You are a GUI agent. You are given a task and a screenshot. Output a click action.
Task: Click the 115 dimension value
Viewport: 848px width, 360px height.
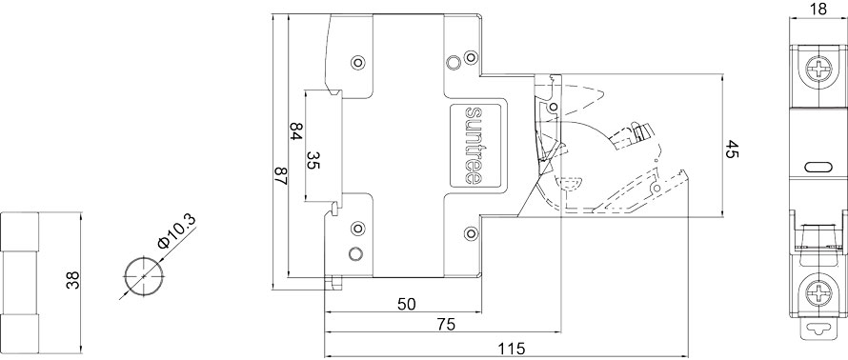(513, 350)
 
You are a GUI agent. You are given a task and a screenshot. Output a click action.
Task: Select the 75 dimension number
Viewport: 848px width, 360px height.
(446, 325)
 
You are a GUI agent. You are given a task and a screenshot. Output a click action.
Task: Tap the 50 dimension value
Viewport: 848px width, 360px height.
(407, 305)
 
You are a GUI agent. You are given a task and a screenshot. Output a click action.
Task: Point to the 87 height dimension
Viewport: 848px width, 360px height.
(281, 176)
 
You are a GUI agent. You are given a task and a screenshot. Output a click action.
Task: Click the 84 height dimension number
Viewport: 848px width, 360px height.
(295, 131)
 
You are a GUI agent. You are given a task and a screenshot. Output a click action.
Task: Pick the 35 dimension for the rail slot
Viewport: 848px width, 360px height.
(313, 160)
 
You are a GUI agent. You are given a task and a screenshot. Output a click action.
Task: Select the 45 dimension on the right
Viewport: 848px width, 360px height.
(732, 150)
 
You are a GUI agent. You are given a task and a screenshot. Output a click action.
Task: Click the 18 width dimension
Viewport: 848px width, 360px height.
(818, 10)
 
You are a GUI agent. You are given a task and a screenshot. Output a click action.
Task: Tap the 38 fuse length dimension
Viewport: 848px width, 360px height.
(72, 280)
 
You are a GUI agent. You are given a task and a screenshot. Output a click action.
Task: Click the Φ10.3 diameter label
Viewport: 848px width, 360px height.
(176, 231)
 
